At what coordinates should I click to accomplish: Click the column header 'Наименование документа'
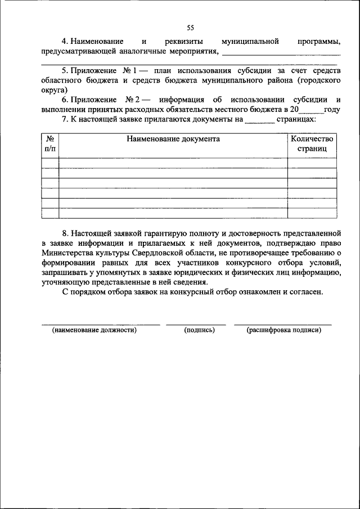[173, 139]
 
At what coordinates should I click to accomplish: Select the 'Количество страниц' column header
[312, 143]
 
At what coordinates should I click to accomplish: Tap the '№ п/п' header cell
[50, 143]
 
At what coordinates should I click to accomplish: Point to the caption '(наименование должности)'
[94, 330]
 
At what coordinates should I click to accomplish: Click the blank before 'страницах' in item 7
[260, 120]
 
